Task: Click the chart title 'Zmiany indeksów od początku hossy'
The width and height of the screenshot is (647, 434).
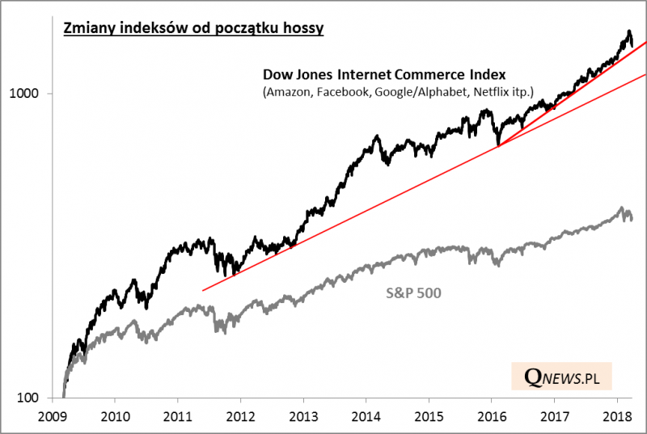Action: (194, 30)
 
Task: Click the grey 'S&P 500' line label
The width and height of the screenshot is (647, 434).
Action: (412, 293)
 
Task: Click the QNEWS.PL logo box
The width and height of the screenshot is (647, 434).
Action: (561, 377)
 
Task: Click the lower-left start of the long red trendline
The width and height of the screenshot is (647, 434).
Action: (202, 290)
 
